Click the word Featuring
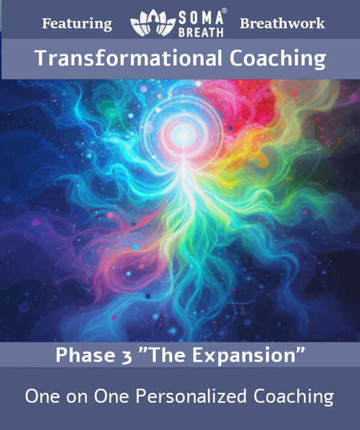pos(77,24)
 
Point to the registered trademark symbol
pos(225,11)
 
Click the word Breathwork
pos(282,24)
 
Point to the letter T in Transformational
pos(41,58)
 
